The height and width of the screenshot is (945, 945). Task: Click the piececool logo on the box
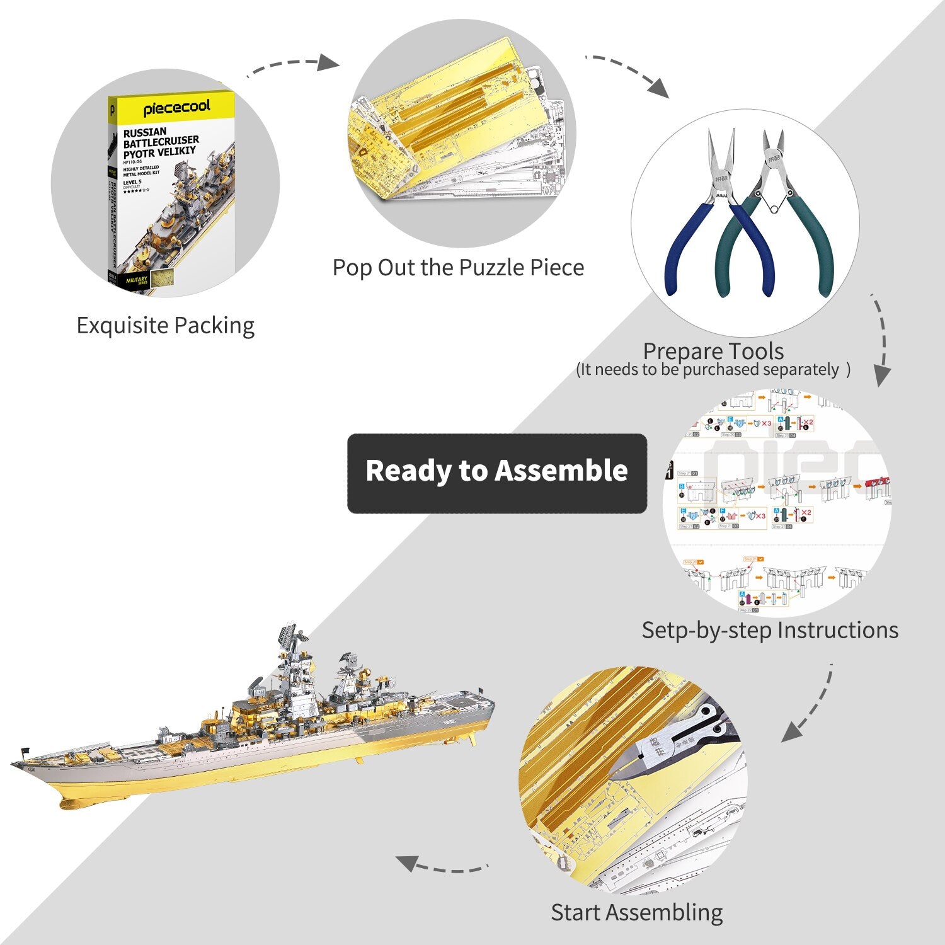(176, 107)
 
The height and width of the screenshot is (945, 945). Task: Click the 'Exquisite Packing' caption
(166, 326)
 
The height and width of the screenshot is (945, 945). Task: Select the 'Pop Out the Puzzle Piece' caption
(458, 268)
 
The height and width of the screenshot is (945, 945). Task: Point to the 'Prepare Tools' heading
(713, 351)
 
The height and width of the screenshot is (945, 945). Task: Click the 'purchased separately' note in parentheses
(713, 370)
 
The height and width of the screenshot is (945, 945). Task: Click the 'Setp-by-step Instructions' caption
(770, 630)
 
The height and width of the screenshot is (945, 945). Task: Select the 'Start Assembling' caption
(637, 912)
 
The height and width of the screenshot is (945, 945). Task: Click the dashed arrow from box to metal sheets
(293, 64)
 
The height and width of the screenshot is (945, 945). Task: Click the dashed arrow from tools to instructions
(882, 340)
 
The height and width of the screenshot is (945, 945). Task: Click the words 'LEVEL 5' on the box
(132, 182)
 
